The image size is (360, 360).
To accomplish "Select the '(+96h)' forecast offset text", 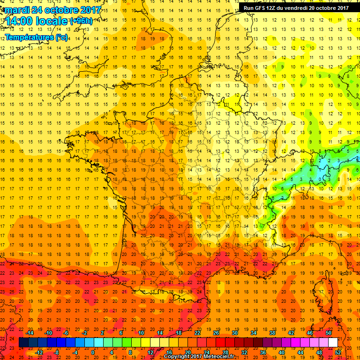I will tap(81, 21).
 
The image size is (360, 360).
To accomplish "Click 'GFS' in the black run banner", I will tap(262, 7).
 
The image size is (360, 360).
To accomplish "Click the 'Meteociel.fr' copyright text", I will tap(225, 357).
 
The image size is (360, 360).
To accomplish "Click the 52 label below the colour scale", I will tap(338, 352).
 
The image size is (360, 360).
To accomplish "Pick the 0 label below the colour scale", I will tap(93, 352).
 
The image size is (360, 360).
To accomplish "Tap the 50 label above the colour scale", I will tap(329, 333).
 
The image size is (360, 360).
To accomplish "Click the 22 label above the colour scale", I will tap(197, 333).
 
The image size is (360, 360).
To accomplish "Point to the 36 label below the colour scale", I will tap(263, 352).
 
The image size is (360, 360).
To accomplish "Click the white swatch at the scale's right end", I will tap(333, 343).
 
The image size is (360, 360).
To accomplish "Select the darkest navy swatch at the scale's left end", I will tap(23, 343).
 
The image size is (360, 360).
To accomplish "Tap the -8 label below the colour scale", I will tap(56, 352).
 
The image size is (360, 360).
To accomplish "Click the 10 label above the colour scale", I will tap(141, 333).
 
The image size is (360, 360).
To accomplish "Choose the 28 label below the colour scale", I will tap(225, 352).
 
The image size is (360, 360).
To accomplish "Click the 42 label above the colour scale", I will tap(291, 333).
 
